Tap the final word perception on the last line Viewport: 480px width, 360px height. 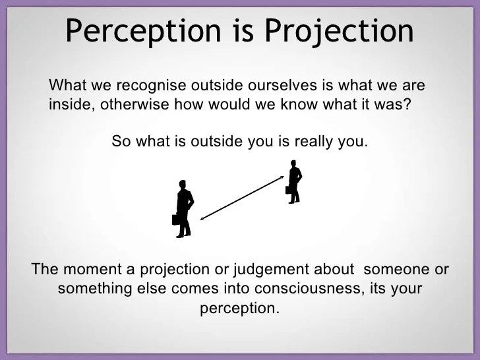pyautogui.click(x=239, y=308)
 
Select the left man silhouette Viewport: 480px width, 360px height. pyautogui.click(x=183, y=208)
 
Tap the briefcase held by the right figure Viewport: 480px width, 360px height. pyautogui.click(x=288, y=190)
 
